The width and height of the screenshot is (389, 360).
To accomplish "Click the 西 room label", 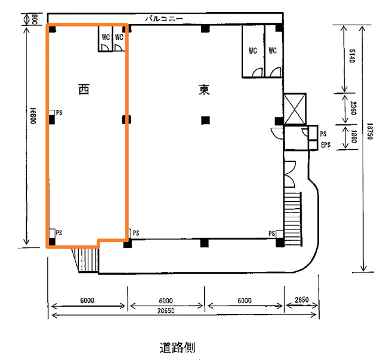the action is click(x=84, y=90).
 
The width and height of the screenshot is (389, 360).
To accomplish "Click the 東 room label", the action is click(x=204, y=90).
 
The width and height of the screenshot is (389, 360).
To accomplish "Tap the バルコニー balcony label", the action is click(x=164, y=19).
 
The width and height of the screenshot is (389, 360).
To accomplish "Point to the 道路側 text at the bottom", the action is click(x=177, y=347).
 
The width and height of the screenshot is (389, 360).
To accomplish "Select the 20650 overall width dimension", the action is click(x=166, y=310).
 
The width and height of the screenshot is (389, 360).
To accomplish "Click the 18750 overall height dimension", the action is click(x=370, y=131).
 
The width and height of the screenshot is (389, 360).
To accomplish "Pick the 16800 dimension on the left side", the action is click(x=33, y=116).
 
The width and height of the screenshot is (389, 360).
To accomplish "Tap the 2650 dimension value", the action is click(x=302, y=300).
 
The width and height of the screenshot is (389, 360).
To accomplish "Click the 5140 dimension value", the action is click(x=352, y=56).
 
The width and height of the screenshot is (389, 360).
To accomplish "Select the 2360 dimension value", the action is click(x=353, y=108).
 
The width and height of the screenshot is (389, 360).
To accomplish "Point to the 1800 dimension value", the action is click(x=354, y=137).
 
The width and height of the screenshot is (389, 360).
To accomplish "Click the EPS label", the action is click(x=326, y=144).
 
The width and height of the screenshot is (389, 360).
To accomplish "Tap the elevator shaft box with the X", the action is click(x=295, y=109).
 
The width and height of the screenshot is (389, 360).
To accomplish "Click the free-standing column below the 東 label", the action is click(x=205, y=121).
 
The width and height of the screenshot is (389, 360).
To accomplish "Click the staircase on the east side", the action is click(x=293, y=219).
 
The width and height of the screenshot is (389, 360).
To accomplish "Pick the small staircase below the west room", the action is click(x=85, y=260).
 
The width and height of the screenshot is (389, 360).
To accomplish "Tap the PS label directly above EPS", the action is click(x=323, y=134).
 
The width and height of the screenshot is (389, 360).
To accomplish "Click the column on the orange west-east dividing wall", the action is click(x=126, y=119).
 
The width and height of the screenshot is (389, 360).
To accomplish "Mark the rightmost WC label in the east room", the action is click(x=273, y=51).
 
